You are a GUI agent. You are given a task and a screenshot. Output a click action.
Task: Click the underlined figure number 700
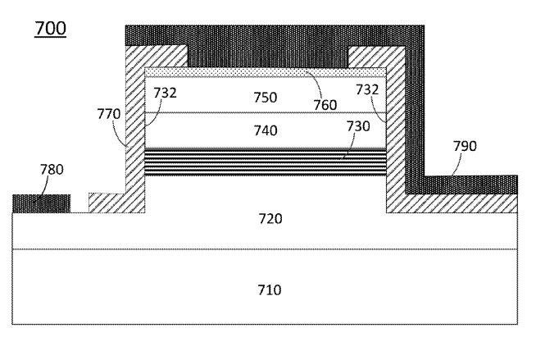pos(50,29)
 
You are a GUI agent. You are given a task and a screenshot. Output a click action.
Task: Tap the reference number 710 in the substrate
pos(270,290)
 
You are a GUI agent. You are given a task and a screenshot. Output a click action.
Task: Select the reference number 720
pos(270,218)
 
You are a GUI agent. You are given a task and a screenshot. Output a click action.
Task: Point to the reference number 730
pos(358,126)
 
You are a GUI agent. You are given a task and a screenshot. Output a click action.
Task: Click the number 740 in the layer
pos(266,130)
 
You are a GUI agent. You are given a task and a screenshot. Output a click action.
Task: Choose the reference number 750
pos(266,98)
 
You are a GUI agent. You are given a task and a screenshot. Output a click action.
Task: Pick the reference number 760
pos(325,105)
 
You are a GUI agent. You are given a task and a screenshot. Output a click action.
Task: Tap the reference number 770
pos(109,114)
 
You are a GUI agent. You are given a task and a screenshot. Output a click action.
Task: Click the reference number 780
pos(52,170)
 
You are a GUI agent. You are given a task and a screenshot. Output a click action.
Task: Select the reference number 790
pos(465,146)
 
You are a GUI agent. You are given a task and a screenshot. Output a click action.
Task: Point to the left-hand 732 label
pos(165,93)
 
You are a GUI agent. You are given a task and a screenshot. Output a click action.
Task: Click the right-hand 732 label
pos(367,89)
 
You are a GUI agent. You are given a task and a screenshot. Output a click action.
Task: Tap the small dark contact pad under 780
pos(41,203)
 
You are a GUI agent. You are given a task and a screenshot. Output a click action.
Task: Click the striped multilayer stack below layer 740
pos(266,162)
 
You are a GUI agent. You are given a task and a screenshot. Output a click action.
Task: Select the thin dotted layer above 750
pos(266,72)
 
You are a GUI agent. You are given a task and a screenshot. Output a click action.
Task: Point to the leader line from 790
pos(457,165)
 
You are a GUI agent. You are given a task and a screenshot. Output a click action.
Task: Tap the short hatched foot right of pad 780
pos(107,203)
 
